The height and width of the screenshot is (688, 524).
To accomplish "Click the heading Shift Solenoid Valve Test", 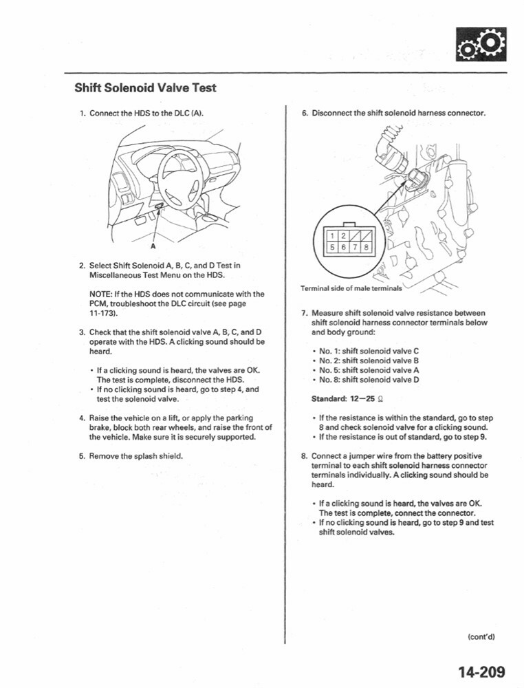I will click(145, 87).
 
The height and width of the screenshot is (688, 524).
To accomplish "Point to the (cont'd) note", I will click(481, 636).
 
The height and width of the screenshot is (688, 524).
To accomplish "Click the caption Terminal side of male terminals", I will click(351, 288).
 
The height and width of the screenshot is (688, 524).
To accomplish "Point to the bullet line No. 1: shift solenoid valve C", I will click(369, 351).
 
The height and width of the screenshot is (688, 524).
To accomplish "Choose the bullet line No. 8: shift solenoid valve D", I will click(369, 380).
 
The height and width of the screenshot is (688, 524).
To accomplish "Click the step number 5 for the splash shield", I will click(82, 455).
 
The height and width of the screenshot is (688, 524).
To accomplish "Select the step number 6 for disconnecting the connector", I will click(304, 113).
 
